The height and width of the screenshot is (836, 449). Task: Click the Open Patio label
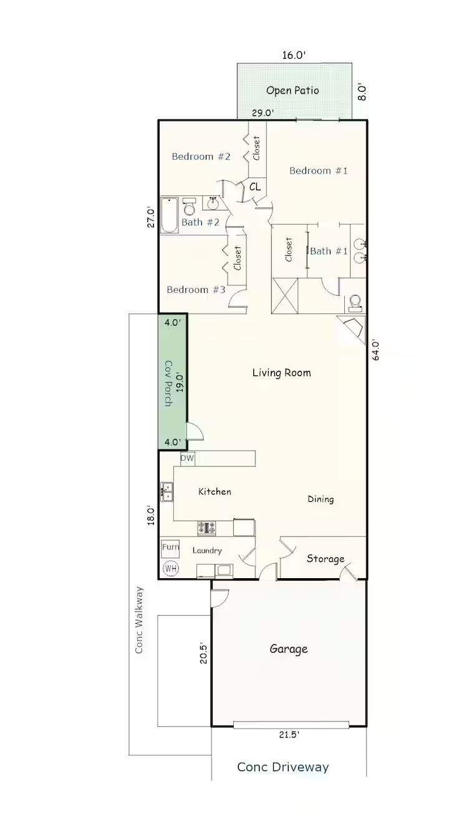292,91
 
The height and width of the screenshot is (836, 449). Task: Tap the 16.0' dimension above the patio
294,55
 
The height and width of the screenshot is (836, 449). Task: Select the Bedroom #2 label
201,156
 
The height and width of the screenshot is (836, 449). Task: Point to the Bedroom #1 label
319,170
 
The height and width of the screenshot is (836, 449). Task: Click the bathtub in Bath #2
170,215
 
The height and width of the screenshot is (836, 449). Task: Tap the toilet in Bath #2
189,206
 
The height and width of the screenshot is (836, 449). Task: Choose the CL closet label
255,187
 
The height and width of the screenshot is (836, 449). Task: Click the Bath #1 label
329,251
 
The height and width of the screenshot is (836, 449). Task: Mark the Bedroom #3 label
196,290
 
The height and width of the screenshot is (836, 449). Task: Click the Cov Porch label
168,383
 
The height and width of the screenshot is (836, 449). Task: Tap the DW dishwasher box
187,458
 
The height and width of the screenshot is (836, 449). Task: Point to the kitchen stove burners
206,528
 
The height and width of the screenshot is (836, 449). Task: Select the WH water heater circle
171,568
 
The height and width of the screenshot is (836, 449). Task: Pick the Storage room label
325,559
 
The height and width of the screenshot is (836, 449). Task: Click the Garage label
289,649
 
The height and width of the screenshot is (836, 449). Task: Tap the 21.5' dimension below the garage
289,735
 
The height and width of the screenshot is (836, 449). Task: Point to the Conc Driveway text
283,767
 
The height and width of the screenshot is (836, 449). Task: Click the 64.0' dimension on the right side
375,350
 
